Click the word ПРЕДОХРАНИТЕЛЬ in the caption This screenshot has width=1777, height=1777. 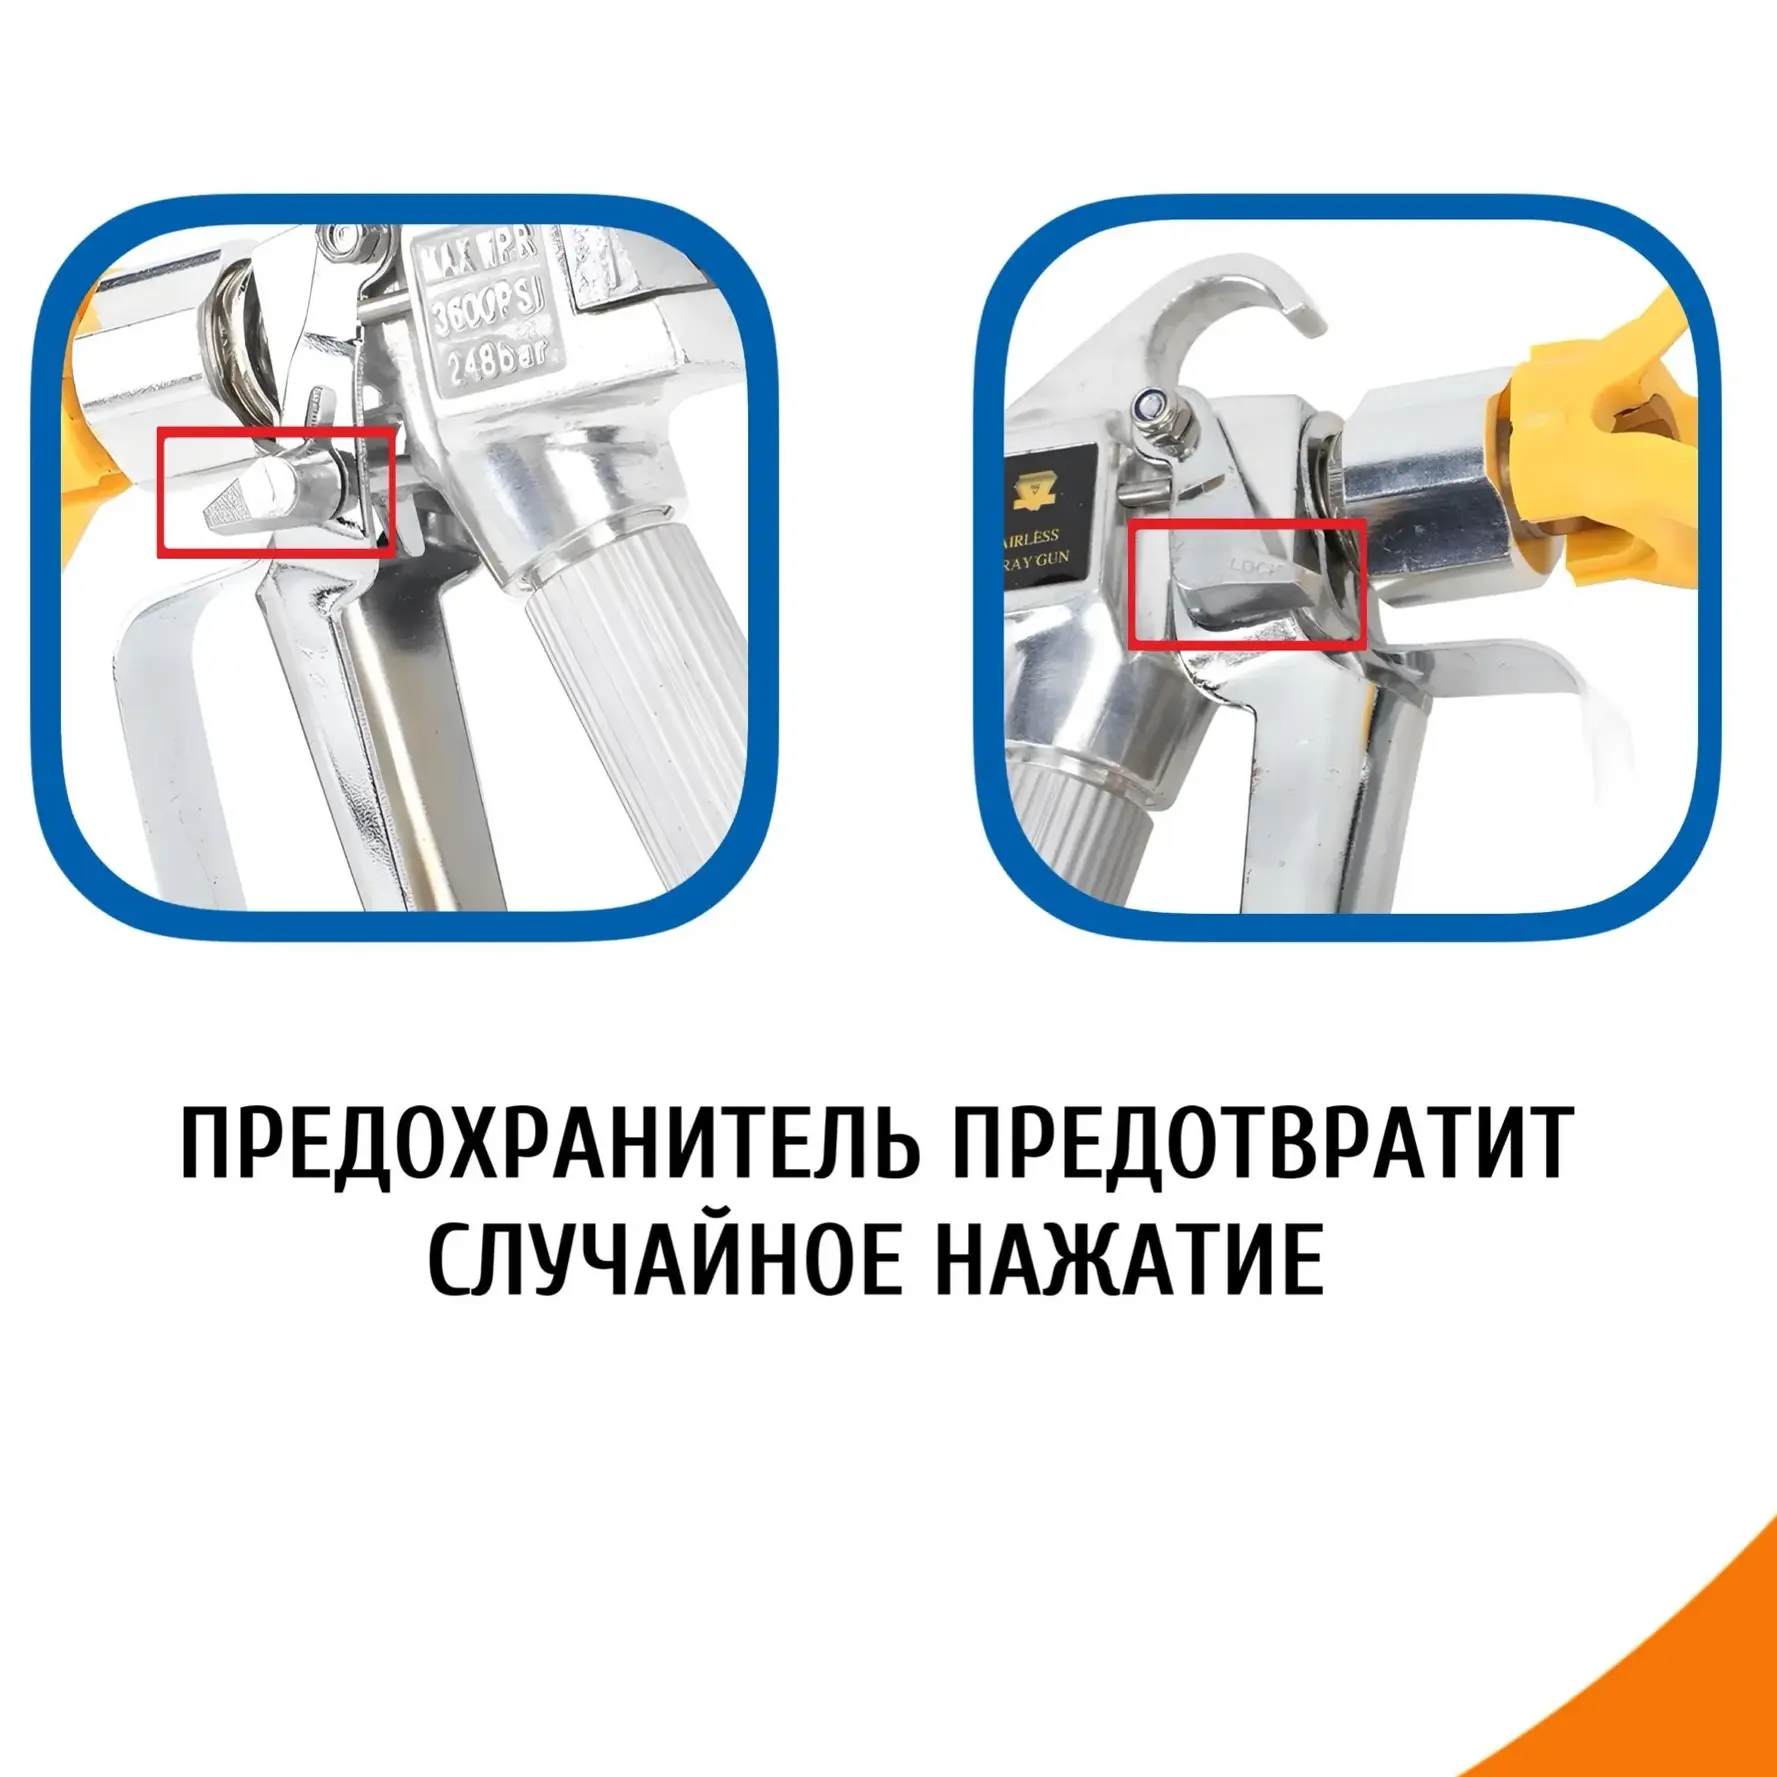point(548,1142)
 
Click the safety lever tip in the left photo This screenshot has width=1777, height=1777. point(232,508)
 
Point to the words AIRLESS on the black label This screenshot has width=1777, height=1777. point(1032,537)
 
